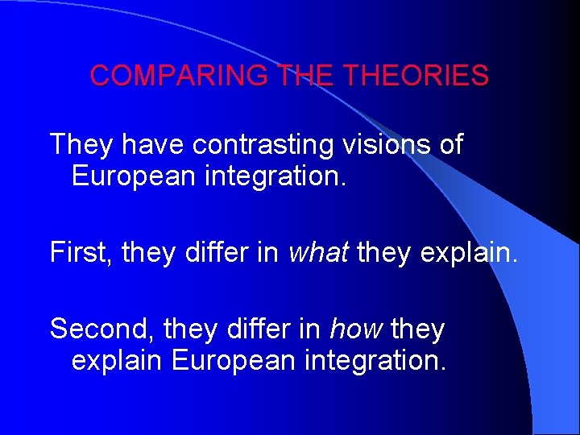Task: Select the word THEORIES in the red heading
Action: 416,76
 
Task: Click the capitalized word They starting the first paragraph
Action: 79,145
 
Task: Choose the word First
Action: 84,253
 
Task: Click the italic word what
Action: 318,253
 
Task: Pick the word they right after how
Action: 419,329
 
